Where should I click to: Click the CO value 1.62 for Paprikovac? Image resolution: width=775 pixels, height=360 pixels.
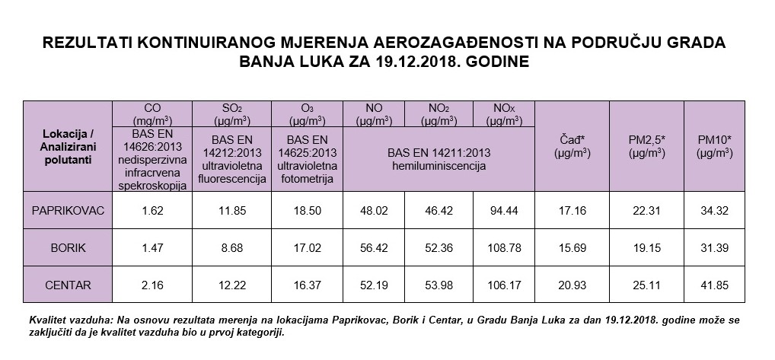point(155,210)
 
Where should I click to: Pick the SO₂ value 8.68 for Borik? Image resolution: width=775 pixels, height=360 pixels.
point(229,248)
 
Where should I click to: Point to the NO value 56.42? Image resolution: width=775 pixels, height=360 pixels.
point(373,248)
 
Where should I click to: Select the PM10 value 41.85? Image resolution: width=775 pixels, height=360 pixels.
point(714,285)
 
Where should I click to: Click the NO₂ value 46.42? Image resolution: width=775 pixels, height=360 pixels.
point(437,210)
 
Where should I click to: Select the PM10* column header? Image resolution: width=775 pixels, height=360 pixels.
point(714,146)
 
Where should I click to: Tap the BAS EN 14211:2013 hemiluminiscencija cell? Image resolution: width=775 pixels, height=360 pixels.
point(439,160)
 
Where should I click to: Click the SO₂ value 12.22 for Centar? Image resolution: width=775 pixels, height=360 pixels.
point(229,285)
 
